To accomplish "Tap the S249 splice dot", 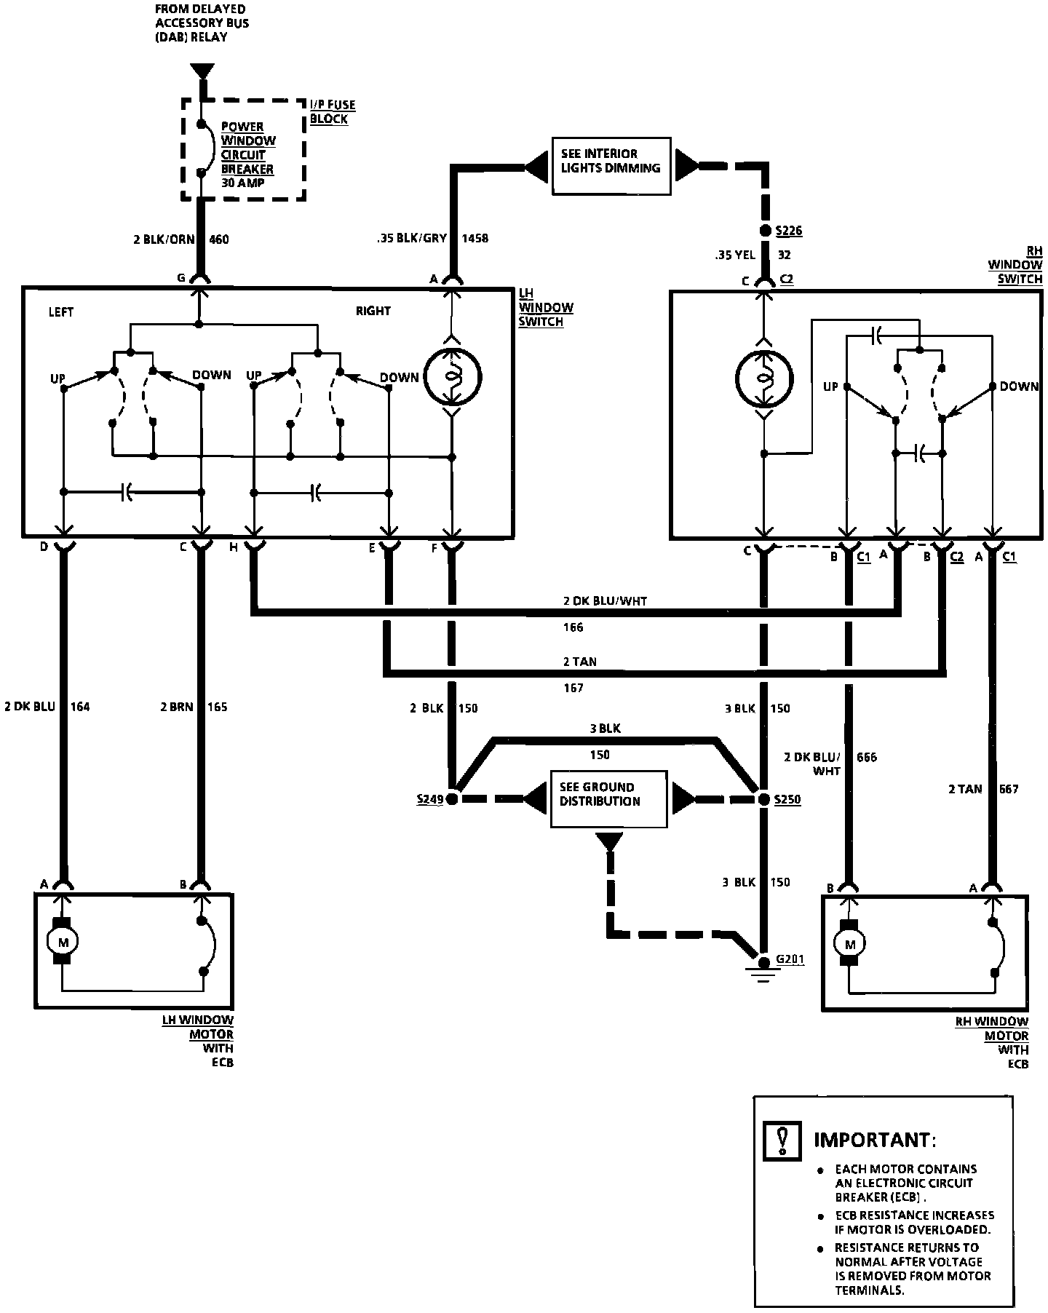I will (452, 799).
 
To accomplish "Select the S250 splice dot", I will (763, 799).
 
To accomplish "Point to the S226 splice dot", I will (764, 231).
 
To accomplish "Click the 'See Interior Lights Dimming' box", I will (611, 167).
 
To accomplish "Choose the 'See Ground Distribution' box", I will (608, 799).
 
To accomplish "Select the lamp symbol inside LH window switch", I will (452, 377).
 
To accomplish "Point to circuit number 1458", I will (475, 238).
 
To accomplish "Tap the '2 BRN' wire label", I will (176, 706).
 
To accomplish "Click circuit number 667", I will (1009, 789).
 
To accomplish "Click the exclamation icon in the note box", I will (782, 1141).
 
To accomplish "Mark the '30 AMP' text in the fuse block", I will (243, 183).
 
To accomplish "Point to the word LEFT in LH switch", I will (61, 312).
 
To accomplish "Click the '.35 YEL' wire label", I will (736, 255).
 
